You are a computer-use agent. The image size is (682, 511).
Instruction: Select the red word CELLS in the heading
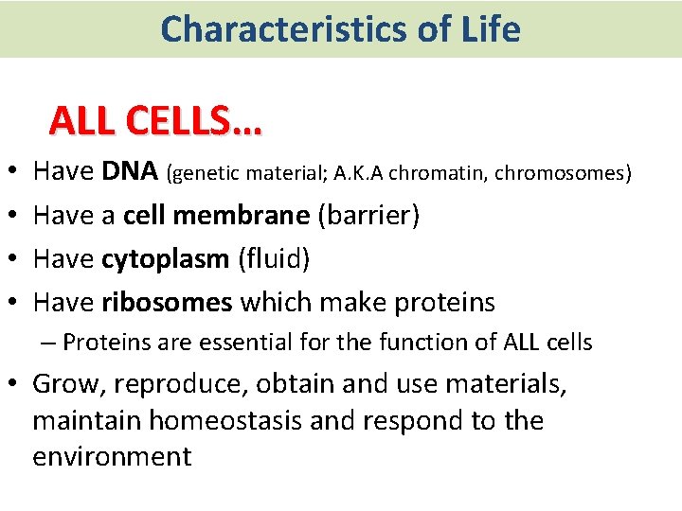[x=196, y=121]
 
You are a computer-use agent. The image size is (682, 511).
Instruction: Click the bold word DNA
[x=130, y=171]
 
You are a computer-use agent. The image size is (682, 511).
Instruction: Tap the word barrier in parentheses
[x=368, y=215]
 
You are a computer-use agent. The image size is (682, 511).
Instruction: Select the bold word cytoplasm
[x=166, y=258]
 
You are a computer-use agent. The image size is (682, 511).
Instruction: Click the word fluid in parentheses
[x=274, y=258]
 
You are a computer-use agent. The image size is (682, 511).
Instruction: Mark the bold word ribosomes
[x=167, y=302]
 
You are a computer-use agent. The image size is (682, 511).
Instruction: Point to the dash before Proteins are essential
[x=53, y=342]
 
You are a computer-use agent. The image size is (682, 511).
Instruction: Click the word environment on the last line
[x=112, y=456]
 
